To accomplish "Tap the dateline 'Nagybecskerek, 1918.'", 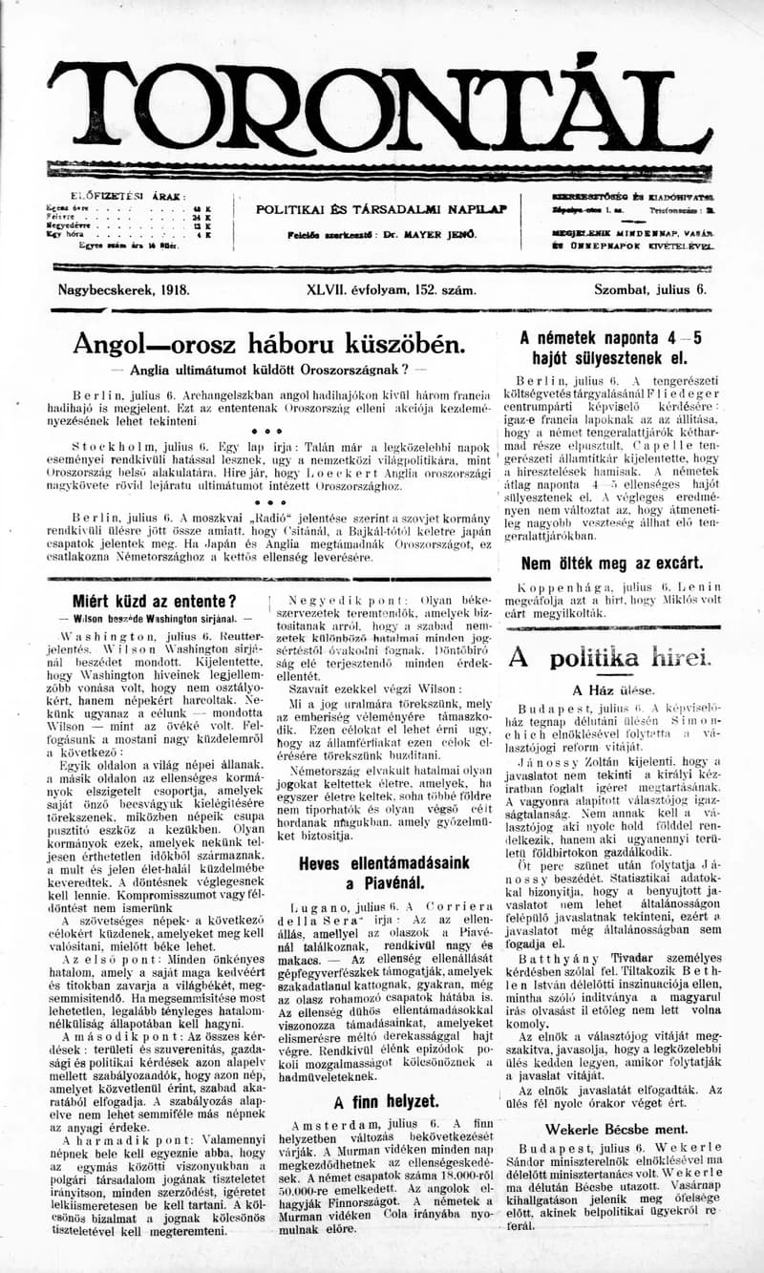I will click(123, 288).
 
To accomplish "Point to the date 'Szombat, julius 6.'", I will click(649, 288).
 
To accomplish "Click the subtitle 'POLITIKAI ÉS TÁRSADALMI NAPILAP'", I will click(382, 209).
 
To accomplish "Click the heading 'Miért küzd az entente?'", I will click(154, 601).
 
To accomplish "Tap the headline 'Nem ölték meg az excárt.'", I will click(611, 562).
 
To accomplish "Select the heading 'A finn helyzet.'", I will click(393, 1101).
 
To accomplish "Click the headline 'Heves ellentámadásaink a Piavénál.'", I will click(384, 873).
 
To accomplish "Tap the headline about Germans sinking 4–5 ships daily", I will click(610, 349).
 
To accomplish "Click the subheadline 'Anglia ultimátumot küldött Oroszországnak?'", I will click(270, 370).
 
